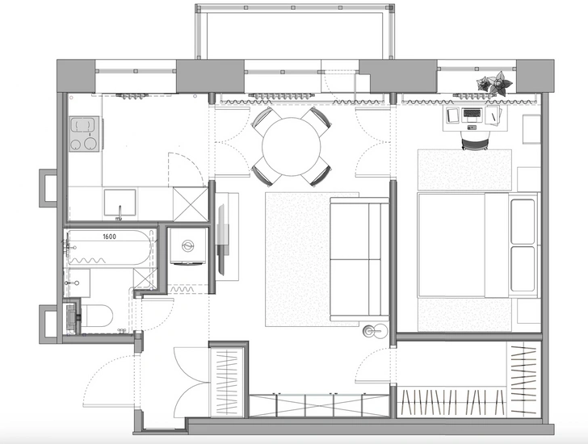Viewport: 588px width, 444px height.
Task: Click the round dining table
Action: [292, 146]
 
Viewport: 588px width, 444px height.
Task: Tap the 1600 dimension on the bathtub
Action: [109, 237]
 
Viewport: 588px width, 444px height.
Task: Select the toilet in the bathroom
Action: [96, 317]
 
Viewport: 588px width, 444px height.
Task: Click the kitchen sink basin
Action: [120, 203]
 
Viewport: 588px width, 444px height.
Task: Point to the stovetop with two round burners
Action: [85, 134]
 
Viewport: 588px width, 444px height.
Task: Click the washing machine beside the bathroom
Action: [188, 246]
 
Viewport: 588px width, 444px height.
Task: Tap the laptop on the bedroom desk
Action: [472, 115]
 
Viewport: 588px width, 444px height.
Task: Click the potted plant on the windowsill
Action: [494, 84]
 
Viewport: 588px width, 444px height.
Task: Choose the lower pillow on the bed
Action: [523, 269]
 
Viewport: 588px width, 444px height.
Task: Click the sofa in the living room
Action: [359, 259]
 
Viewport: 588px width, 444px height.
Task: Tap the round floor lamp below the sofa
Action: [374, 330]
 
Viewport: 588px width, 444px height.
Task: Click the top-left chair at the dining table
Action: [267, 120]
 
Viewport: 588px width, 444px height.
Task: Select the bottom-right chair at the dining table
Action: [317, 172]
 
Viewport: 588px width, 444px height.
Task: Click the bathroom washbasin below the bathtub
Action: [78, 283]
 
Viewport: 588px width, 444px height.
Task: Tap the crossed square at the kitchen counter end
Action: [191, 204]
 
